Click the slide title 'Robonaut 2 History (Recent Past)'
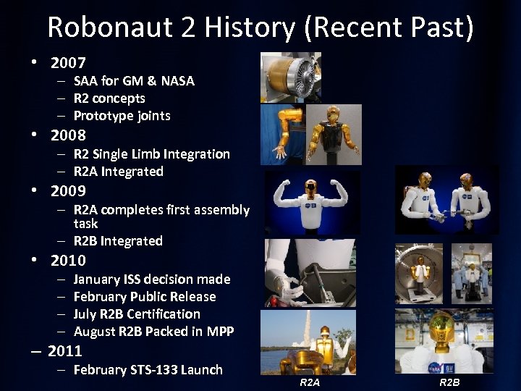pos(260,27)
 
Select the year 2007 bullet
pos(68,63)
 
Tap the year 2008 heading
pos(68,135)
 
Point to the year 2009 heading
pos(68,191)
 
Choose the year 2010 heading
pos(68,261)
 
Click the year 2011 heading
pos(64,351)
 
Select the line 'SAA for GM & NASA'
pos(134,81)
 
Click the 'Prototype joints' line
pos(122,116)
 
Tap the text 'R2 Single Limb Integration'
pos(151,154)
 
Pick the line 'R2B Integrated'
pos(118,241)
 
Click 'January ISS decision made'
pos(152,279)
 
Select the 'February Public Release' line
pos(145,297)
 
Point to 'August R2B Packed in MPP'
pos(153,332)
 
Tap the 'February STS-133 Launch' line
pos(148,370)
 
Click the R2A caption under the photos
pos(309,382)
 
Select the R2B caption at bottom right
pos(449,382)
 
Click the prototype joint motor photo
pos(289,77)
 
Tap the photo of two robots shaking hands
pos(446,201)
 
